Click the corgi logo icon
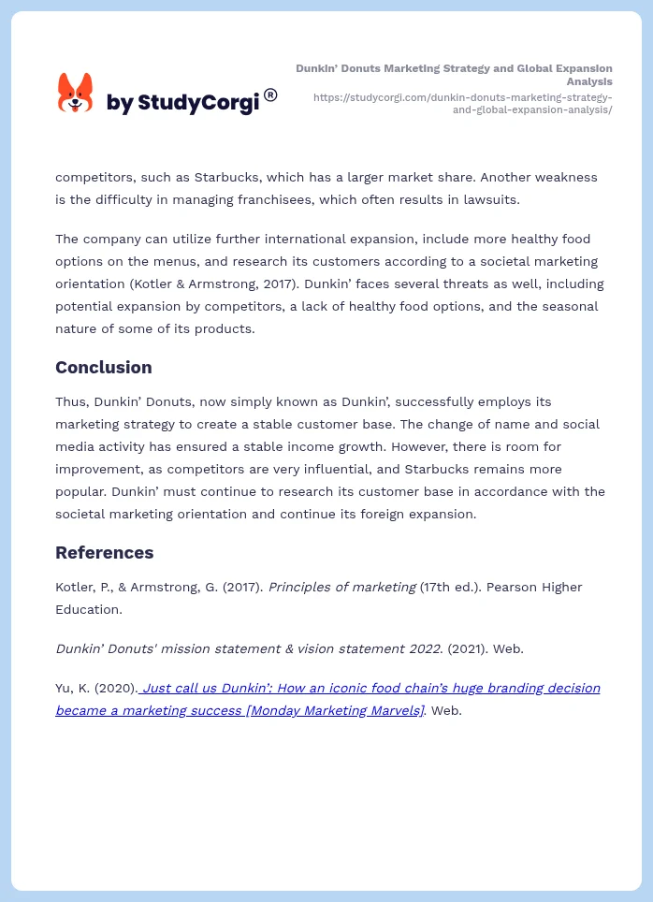(x=76, y=94)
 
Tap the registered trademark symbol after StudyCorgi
(x=270, y=95)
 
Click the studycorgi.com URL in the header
(x=463, y=103)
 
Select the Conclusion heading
(x=103, y=367)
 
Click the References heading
(x=104, y=552)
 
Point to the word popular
(x=79, y=491)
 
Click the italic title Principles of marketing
(x=341, y=587)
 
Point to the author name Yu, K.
(x=71, y=688)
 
